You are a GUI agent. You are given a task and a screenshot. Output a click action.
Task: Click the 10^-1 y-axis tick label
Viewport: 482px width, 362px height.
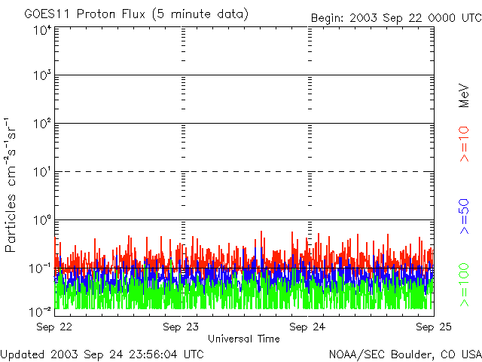pos(41,267)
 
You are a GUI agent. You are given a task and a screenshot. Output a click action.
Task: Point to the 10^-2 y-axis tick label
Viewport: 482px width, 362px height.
pos(41,311)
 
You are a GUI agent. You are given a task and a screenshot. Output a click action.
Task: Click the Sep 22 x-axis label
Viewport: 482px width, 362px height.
pos(54,327)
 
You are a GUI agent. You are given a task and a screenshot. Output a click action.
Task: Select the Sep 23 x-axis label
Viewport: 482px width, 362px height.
pos(182,327)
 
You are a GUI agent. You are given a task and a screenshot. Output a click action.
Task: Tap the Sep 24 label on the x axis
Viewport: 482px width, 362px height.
pos(308,327)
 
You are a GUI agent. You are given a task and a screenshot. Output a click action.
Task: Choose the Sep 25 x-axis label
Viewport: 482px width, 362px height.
pos(433,327)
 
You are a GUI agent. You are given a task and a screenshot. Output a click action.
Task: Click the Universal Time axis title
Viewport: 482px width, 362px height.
pos(244,339)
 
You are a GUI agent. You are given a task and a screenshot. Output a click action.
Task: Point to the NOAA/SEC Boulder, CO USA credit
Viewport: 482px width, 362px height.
pos(405,354)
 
